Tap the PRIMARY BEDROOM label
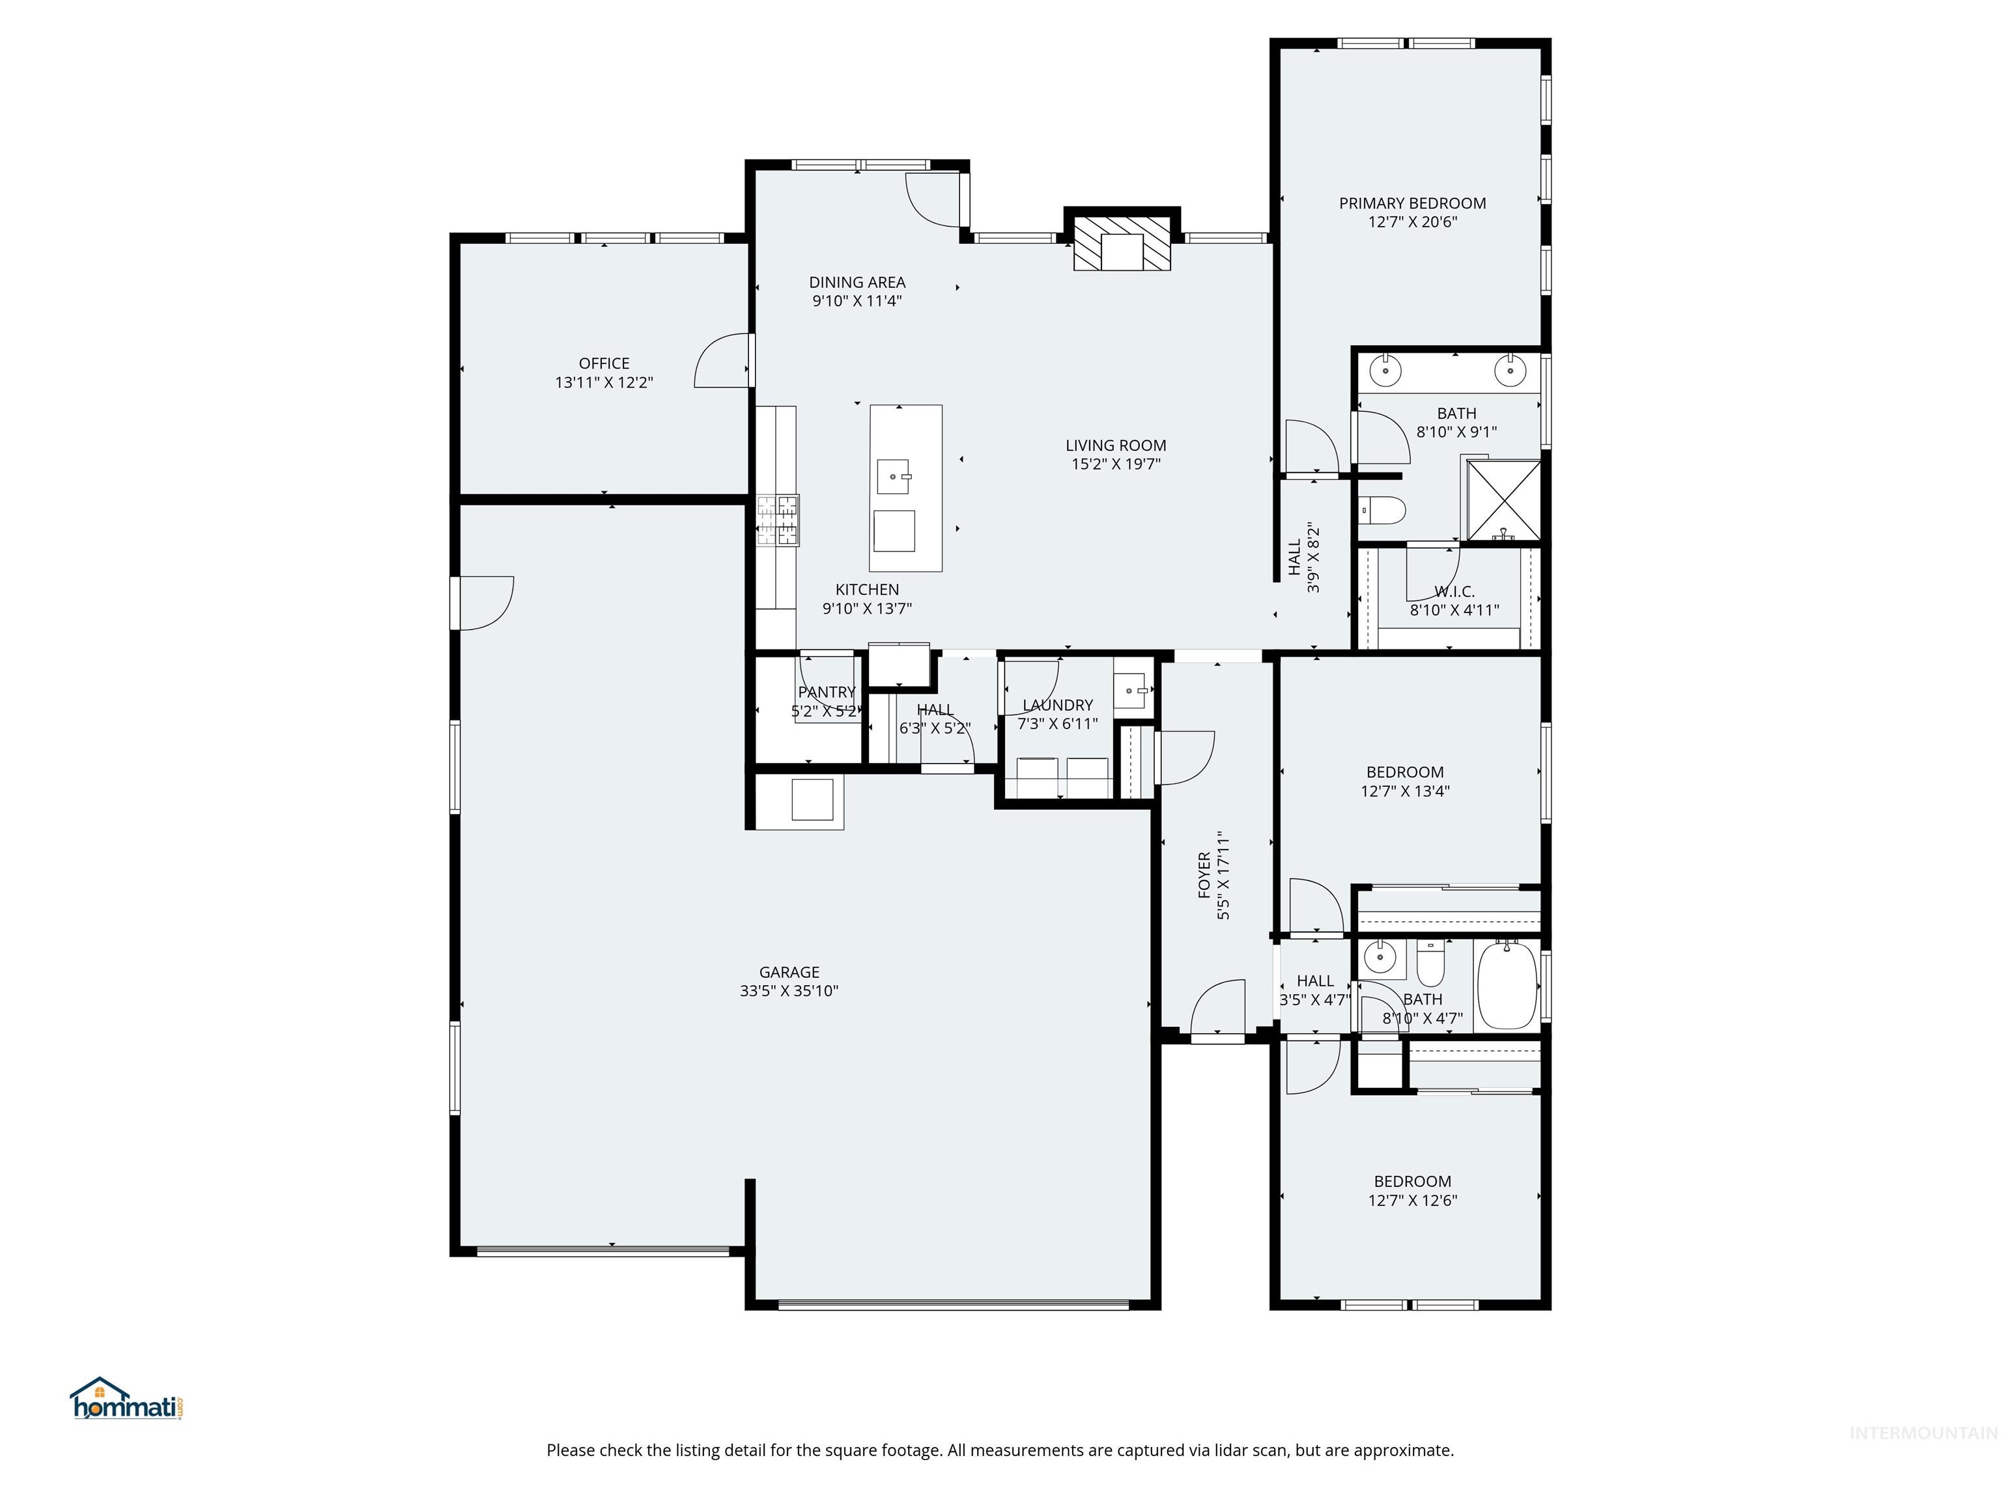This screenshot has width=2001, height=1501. (x=1412, y=203)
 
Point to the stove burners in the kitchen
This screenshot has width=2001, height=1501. (x=778, y=521)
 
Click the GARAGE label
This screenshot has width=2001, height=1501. (x=789, y=972)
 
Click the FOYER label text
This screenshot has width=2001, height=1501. (x=1204, y=875)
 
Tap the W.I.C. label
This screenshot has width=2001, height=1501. (x=1454, y=592)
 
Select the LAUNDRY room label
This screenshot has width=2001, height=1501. (x=1057, y=705)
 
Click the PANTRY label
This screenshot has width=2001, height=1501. (x=826, y=692)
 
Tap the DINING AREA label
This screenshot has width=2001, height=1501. (x=857, y=282)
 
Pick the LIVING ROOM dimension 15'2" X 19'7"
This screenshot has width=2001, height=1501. (x=1115, y=464)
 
